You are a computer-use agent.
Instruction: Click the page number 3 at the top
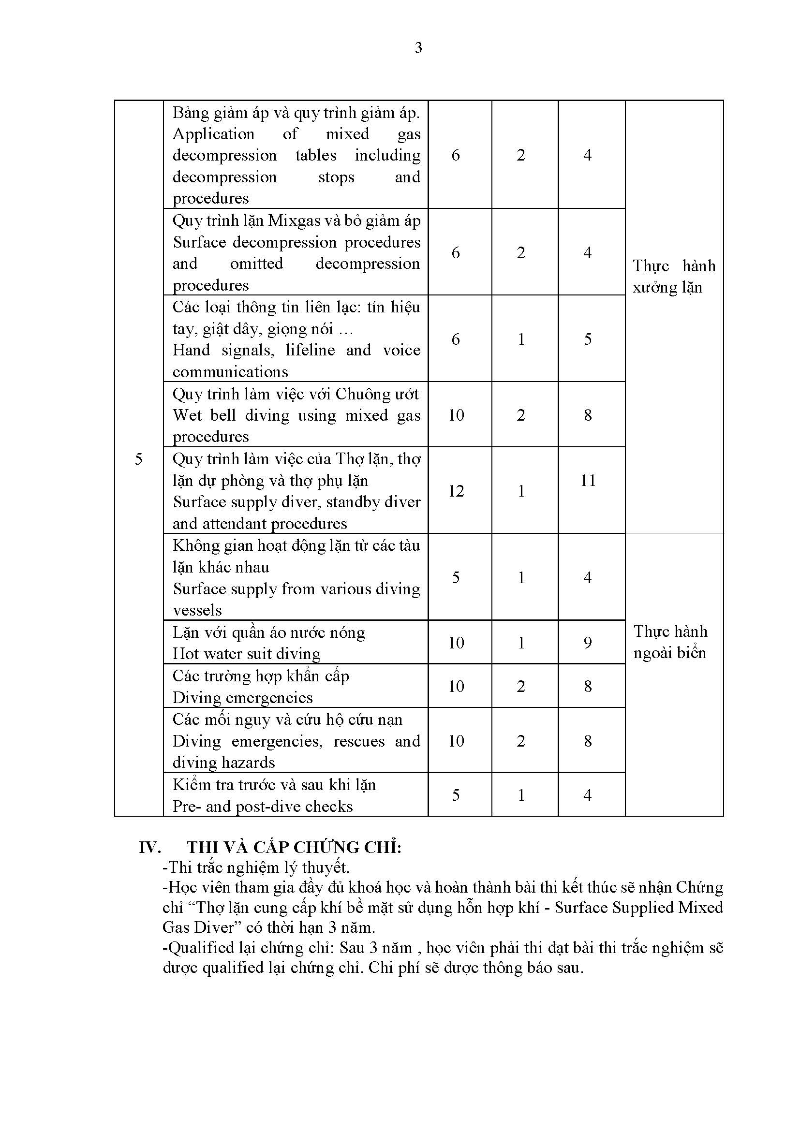click(x=418, y=48)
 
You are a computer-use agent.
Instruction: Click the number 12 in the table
click(x=456, y=491)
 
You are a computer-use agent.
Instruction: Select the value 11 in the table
click(x=588, y=480)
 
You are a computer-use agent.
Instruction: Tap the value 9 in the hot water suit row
click(x=588, y=642)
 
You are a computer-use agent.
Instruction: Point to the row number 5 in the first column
click(x=138, y=459)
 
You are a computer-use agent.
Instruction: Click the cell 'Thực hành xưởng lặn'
click(x=673, y=277)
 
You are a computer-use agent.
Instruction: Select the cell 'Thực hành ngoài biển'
click(x=670, y=642)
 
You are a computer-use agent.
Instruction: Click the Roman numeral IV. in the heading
click(x=150, y=847)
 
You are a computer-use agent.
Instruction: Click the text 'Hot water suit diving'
click(x=246, y=654)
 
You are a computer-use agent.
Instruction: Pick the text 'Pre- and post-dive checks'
click(x=263, y=807)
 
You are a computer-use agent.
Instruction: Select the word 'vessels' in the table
click(x=197, y=610)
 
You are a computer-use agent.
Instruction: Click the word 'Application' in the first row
click(x=213, y=134)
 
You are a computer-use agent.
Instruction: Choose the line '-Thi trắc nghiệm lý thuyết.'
click(x=256, y=867)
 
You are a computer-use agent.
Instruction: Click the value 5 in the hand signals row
click(x=588, y=339)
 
